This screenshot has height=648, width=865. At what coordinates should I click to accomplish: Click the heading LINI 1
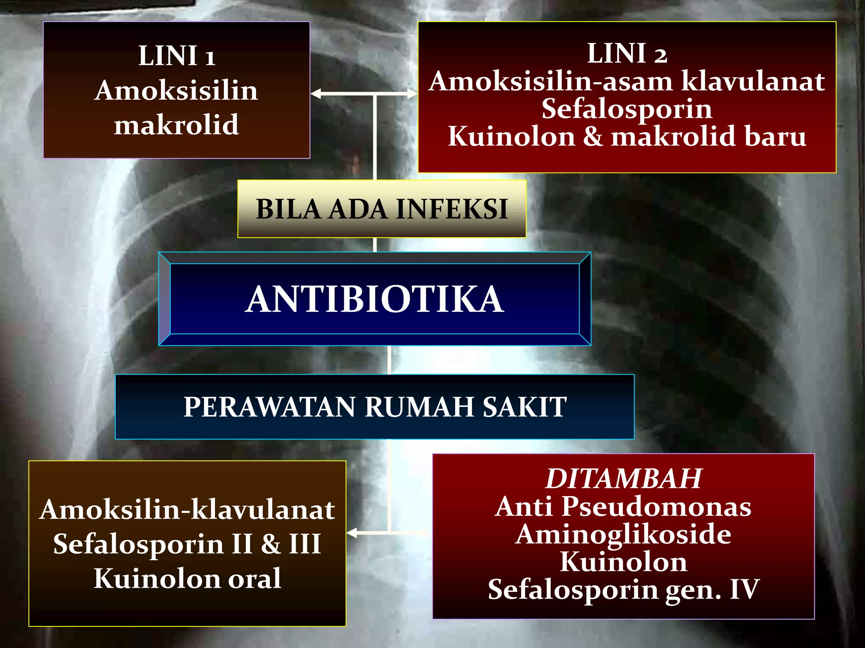177,56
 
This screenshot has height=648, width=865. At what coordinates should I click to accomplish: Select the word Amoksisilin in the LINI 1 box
177,91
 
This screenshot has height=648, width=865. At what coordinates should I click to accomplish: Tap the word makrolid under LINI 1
177,125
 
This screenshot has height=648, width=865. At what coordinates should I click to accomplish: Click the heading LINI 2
627,54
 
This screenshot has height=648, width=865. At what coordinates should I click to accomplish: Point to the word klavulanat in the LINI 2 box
753,81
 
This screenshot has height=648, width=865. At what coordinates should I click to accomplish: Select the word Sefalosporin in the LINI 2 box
627,109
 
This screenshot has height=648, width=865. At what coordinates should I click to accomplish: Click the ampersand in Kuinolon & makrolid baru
593,137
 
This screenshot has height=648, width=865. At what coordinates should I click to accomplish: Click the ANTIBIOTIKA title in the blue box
375,299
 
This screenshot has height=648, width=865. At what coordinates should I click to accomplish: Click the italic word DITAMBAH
623,478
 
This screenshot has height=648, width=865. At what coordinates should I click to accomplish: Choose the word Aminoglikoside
623,534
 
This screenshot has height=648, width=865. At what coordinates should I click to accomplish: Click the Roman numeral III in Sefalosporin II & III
305,544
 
